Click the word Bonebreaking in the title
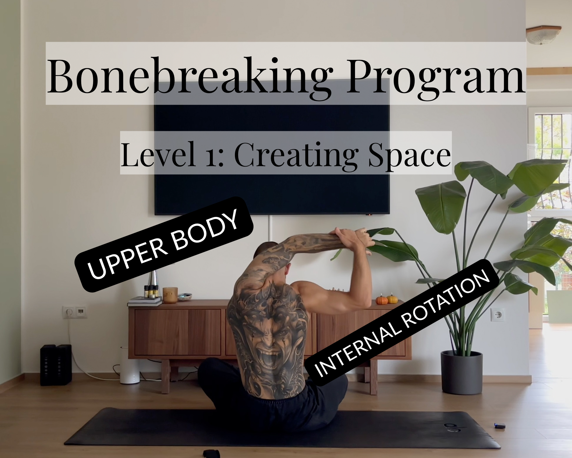coord(190,77)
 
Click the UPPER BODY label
coord(164,244)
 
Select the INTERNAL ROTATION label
coord(402,323)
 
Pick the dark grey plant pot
coord(461,372)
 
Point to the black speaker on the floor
coord(56,365)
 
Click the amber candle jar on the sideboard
coord(170,295)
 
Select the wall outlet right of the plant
coord(497,314)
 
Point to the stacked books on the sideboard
coord(145,301)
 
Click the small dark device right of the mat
coord(500,426)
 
